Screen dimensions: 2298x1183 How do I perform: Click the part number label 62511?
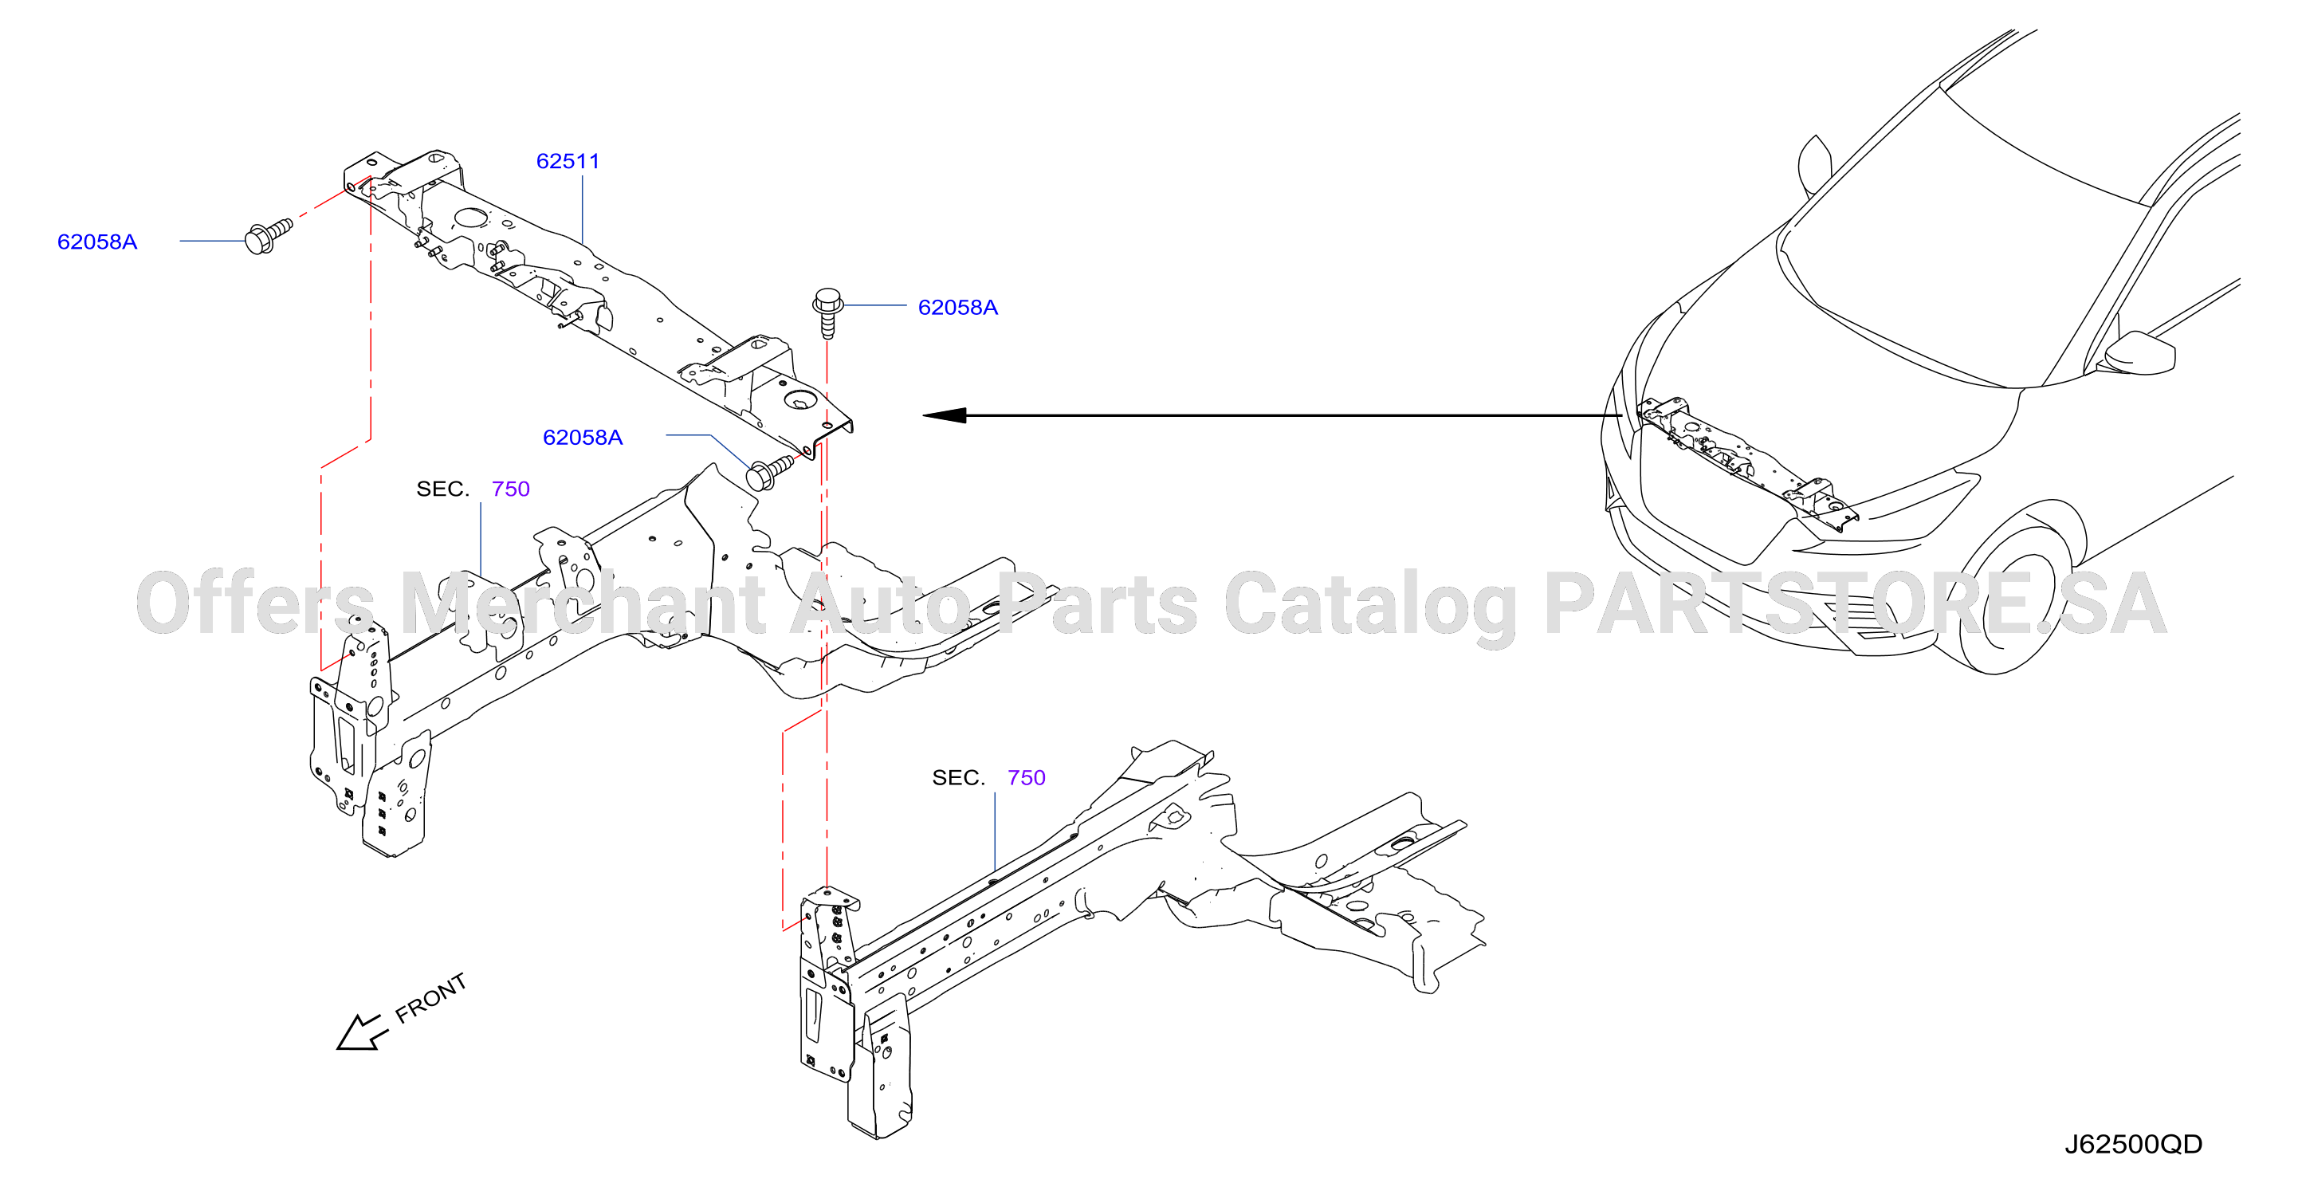(x=568, y=162)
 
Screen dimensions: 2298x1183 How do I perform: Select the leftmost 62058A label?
(x=97, y=242)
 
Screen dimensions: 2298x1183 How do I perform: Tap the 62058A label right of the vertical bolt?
(x=957, y=308)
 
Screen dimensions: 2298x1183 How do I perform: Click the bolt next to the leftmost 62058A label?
(x=268, y=234)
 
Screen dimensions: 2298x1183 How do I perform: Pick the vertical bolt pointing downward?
(x=828, y=312)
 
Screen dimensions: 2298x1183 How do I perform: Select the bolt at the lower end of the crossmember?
(x=769, y=473)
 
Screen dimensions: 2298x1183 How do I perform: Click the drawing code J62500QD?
(x=2133, y=1144)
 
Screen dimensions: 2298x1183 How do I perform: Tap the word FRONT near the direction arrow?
(x=431, y=997)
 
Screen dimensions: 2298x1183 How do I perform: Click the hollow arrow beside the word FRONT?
(x=361, y=1033)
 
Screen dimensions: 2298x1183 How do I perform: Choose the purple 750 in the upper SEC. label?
(x=510, y=489)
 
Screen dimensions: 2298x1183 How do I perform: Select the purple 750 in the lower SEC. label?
(x=1026, y=778)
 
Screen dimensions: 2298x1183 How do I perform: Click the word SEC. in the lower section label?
(x=958, y=778)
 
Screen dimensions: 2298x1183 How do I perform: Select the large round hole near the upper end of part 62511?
(x=470, y=217)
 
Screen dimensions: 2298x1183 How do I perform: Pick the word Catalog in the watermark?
(x=1370, y=607)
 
